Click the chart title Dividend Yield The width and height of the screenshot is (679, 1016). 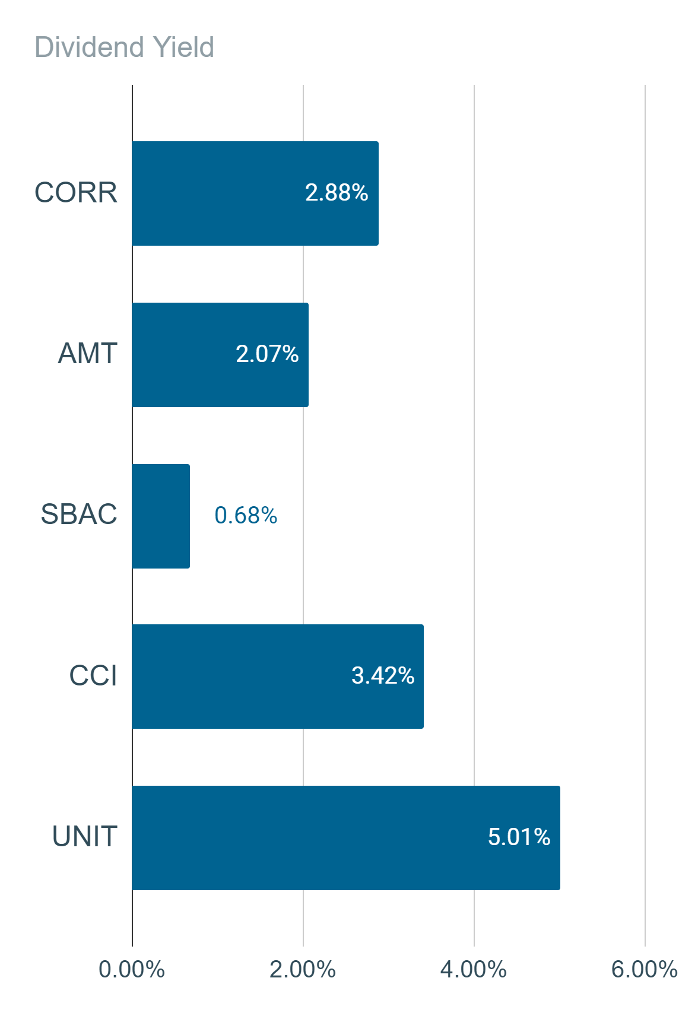[124, 47]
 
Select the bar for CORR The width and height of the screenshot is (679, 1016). [255, 193]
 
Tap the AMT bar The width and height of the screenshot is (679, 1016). [220, 355]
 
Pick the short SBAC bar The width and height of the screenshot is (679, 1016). [161, 516]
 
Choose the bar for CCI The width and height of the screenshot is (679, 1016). [278, 677]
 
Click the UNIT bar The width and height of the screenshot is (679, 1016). [346, 838]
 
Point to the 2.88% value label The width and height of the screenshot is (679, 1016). [337, 192]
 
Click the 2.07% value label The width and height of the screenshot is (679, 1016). [267, 354]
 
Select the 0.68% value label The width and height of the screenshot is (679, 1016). [246, 515]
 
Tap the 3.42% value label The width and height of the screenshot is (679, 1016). [383, 675]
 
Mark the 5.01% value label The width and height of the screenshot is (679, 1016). [519, 837]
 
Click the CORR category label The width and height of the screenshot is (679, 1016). [76, 192]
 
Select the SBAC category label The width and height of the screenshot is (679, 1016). [79, 515]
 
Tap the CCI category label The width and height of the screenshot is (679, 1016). [93, 675]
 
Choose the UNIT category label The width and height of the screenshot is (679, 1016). [85, 836]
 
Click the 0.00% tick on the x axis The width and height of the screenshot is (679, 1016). [132, 970]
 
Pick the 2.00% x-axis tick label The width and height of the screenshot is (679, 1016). [303, 970]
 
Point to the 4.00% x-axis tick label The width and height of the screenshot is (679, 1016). [474, 970]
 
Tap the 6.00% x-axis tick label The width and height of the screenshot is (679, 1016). [644, 970]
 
